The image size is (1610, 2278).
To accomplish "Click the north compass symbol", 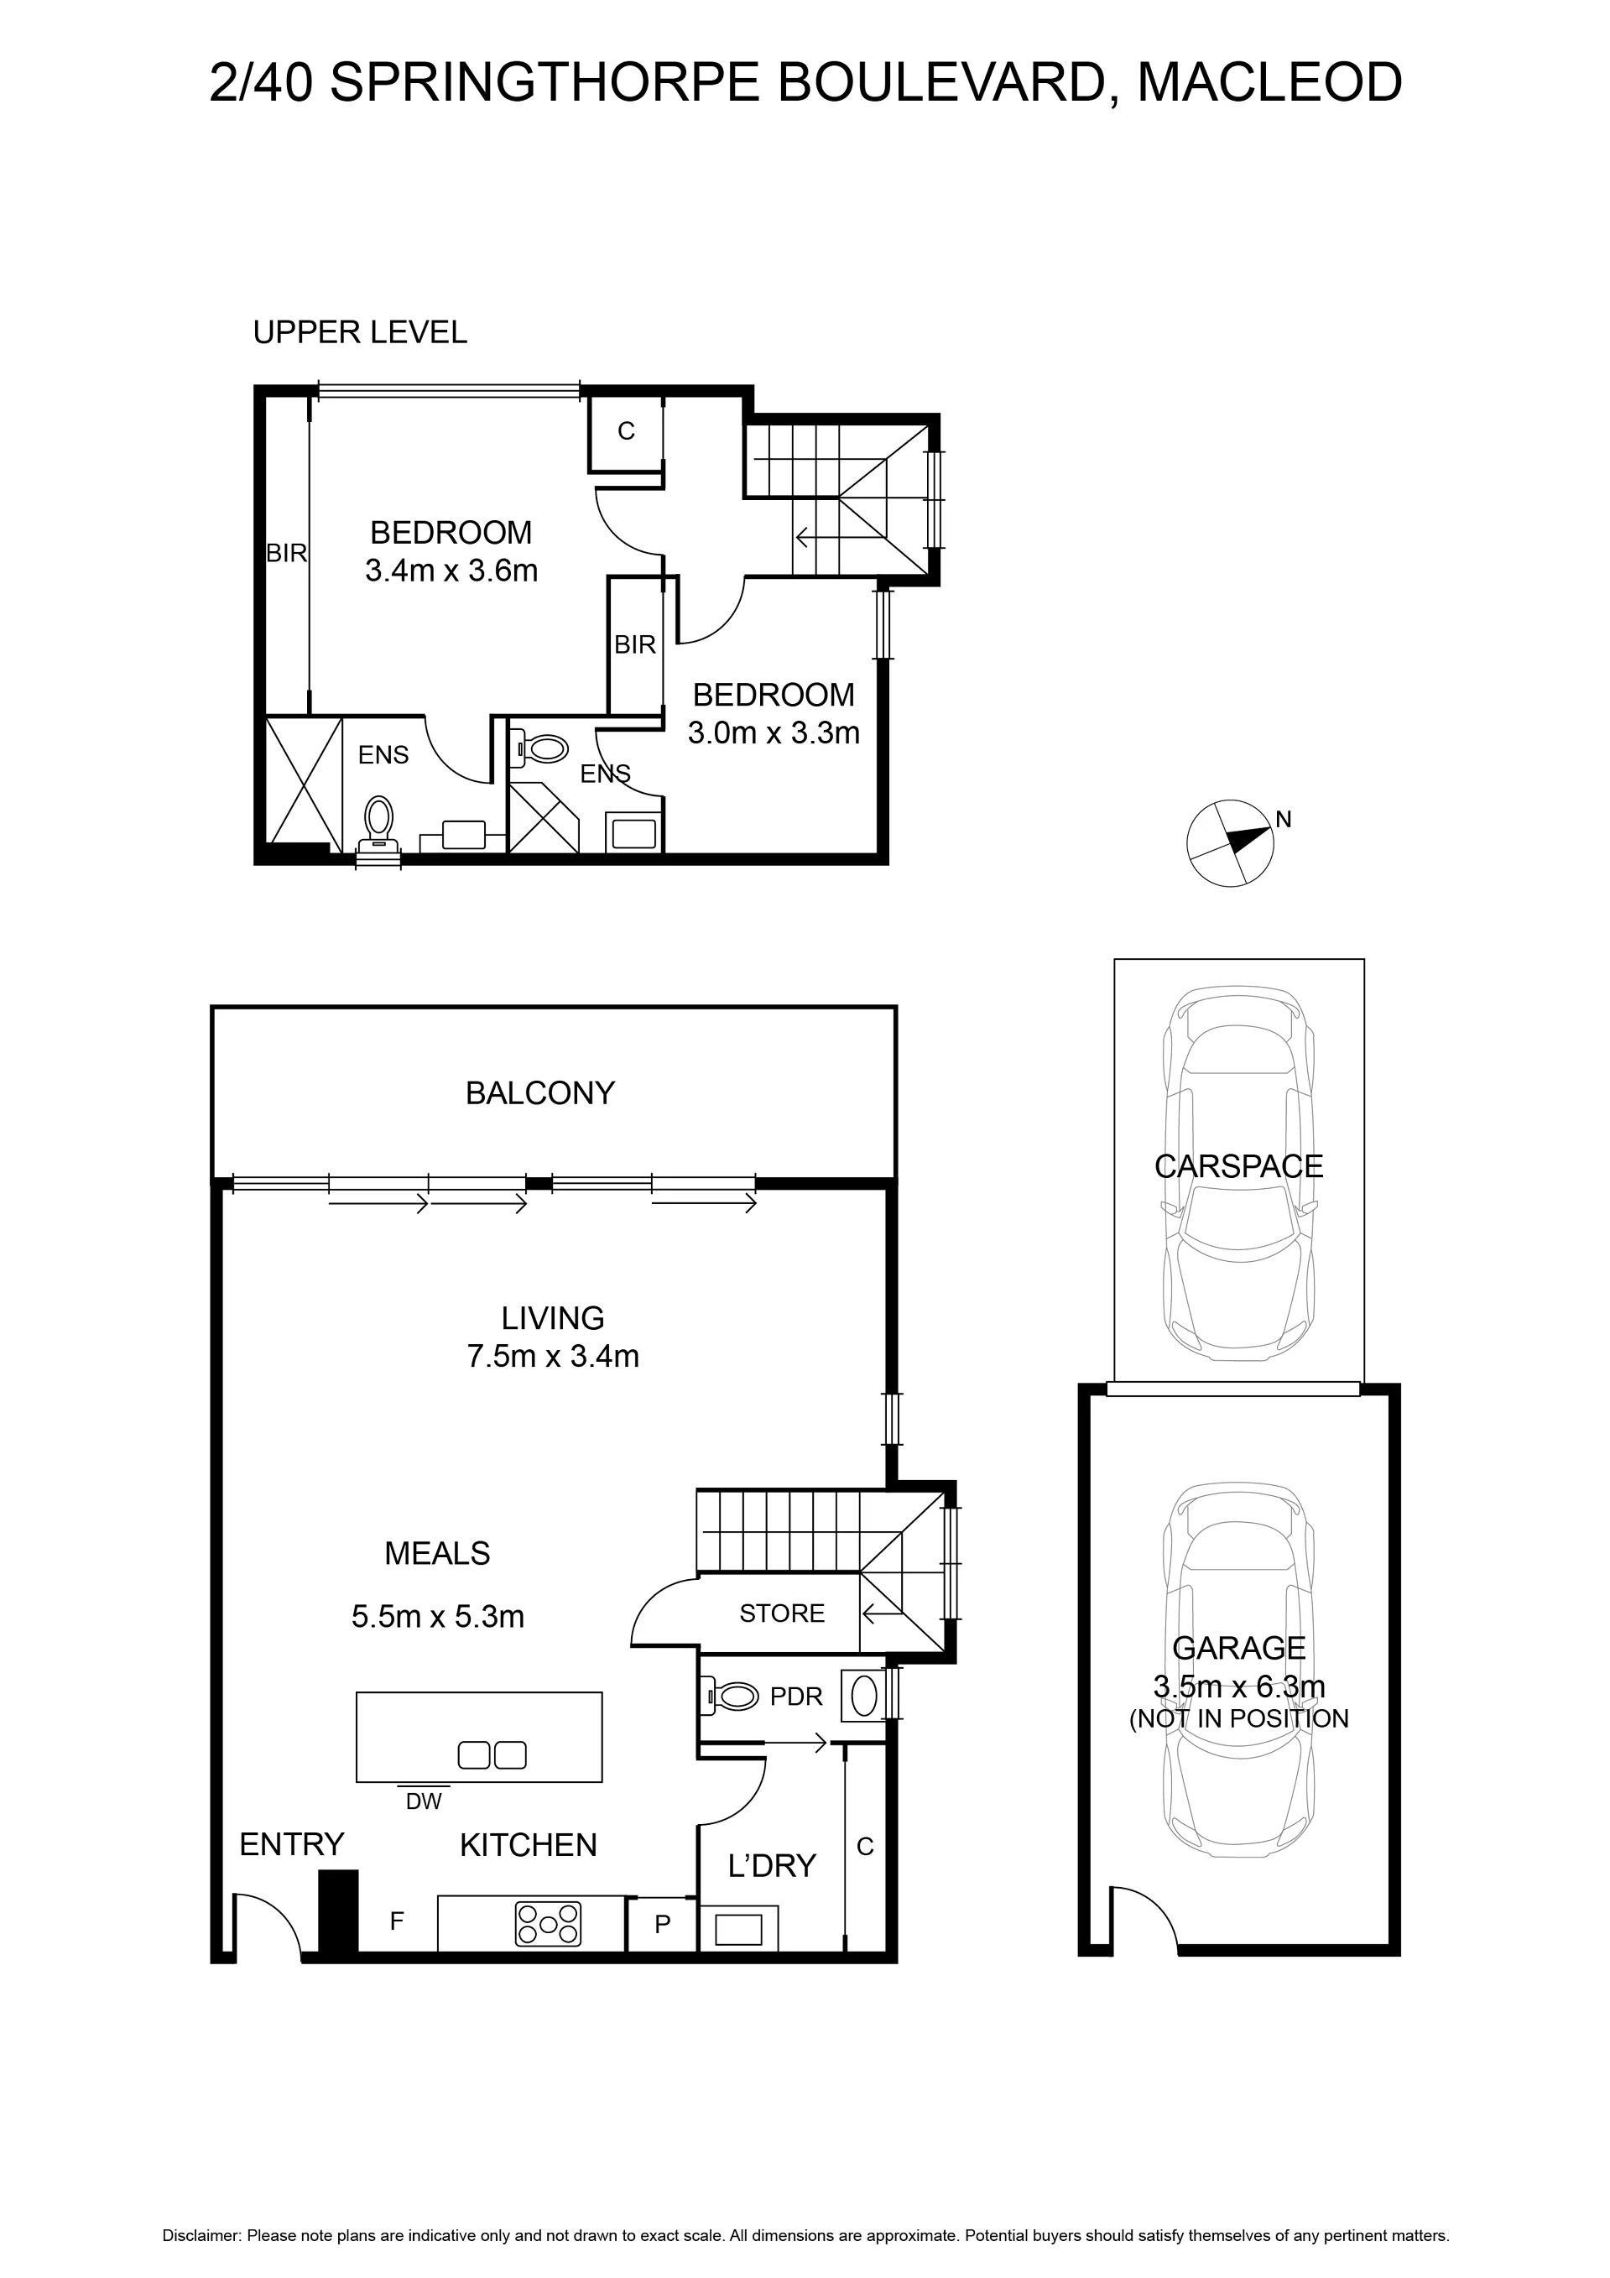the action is click(x=1230, y=842).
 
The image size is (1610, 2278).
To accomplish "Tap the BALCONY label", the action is click(x=539, y=1093).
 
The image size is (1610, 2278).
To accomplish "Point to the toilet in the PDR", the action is click(x=730, y=1696).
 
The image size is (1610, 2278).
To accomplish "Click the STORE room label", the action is click(x=782, y=1613).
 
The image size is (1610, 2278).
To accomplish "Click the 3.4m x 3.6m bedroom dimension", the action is click(x=451, y=571).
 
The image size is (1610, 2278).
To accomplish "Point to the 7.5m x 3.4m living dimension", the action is click(x=553, y=1355).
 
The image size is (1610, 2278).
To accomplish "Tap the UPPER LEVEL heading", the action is click(x=360, y=332).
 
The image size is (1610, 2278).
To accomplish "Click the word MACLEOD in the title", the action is click(x=1269, y=82).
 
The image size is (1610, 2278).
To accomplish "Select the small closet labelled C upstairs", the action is click(x=626, y=431).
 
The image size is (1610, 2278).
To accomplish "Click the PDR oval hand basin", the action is click(x=864, y=1696).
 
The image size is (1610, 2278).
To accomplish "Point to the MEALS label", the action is click(x=437, y=1553).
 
